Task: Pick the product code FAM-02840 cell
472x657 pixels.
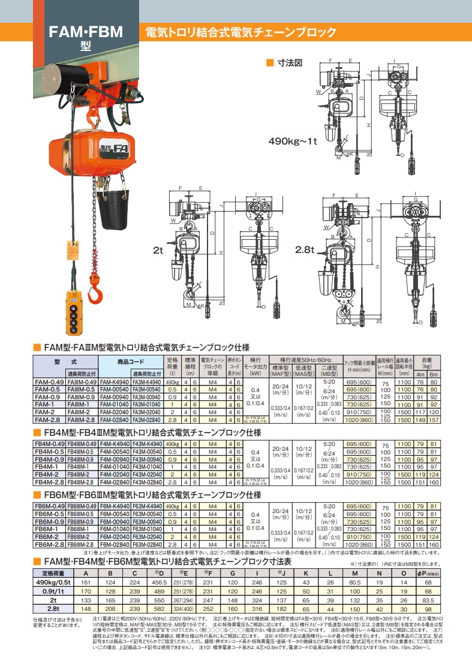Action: [x=113, y=421]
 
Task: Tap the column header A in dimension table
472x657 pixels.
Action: [x=85, y=574]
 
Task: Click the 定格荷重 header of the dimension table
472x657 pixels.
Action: [x=54, y=574]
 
